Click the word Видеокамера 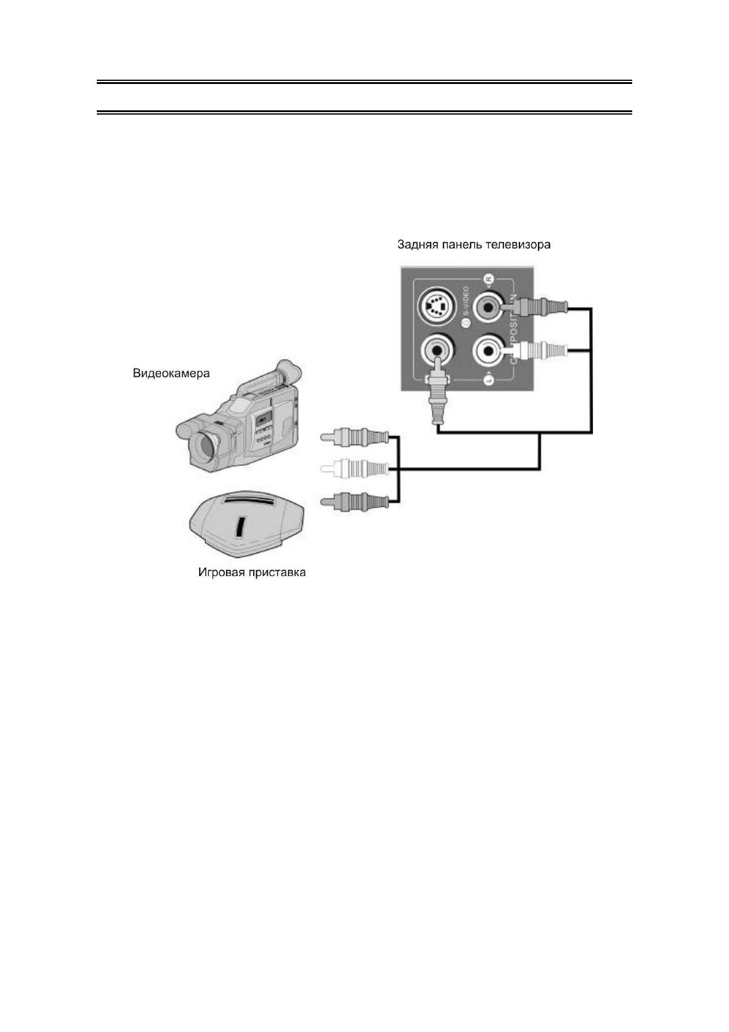[x=171, y=373]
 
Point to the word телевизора [x=518, y=245]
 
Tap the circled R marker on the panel [x=488, y=279]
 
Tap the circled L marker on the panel [x=488, y=381]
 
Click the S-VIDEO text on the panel [x=466, y=303]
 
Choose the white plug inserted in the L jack [x=539, y=351]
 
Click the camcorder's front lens [x=204, y=446]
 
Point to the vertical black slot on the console [x=240, y=525]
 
